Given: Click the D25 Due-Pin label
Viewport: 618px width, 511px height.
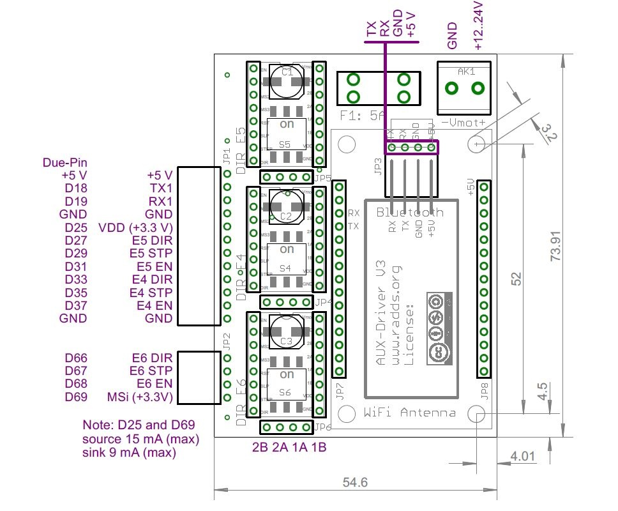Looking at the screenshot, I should pyautogui.click(x=76, y=227).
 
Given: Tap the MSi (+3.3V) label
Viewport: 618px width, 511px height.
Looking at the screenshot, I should pyautogui.click(x=140, y=397).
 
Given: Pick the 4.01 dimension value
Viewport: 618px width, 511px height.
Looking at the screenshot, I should pyautogui.click(x=521, y=457).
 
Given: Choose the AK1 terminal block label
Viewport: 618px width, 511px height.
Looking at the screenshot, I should pyautogui.click(x=467, y=72).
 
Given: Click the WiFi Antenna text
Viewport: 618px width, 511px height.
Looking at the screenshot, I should pyautogui.click(x=409, y=413).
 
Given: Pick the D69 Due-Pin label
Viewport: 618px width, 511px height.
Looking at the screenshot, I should pyautogui.click(x=76, y=397).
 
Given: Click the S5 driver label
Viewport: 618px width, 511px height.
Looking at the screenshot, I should pyautogui.click(x=285, y=144).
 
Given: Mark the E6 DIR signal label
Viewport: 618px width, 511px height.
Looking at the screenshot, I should pyautogui.click(x=152, y=358).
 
